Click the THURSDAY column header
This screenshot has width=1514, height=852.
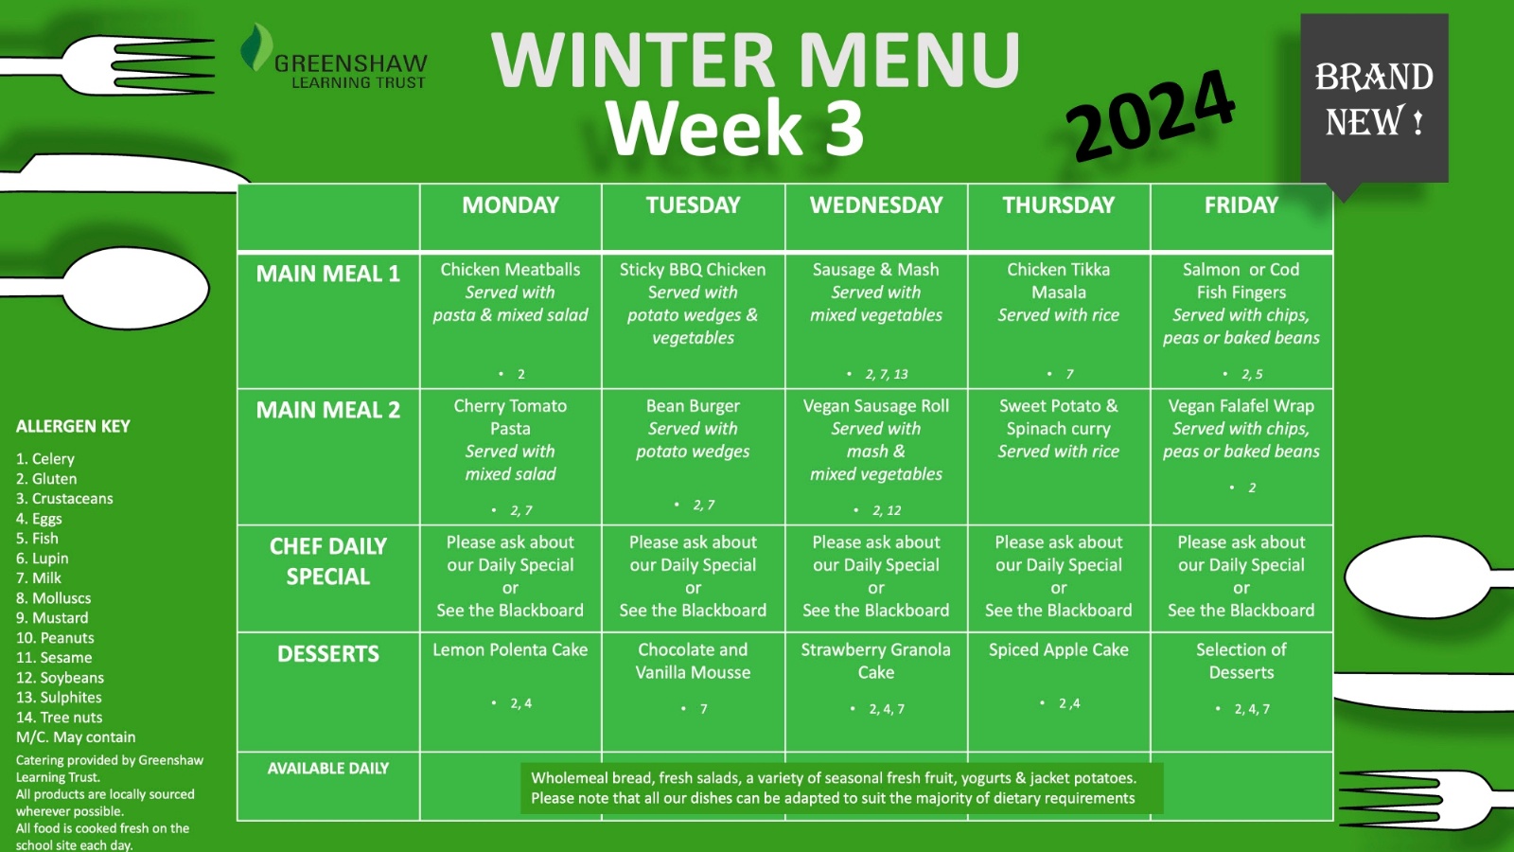1058,204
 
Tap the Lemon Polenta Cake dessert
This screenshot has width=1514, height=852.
510,649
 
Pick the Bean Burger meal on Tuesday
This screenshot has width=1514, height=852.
693,406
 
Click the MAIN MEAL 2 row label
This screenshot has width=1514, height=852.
327,410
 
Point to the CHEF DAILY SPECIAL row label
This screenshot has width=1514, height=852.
327,561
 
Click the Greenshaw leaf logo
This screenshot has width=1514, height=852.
256,47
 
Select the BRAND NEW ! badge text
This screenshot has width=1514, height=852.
1374,98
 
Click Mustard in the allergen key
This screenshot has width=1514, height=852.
52,618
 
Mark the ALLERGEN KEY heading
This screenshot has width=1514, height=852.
73,426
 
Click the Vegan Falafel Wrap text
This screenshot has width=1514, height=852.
1241,406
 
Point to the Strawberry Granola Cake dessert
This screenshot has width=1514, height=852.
876,661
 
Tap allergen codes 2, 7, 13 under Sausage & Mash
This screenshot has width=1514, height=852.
886,374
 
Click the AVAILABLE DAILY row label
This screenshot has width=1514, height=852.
327,768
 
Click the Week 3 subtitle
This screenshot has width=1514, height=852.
734,127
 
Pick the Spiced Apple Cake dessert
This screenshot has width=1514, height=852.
1059,649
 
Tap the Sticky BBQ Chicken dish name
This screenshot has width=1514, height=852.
693,270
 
